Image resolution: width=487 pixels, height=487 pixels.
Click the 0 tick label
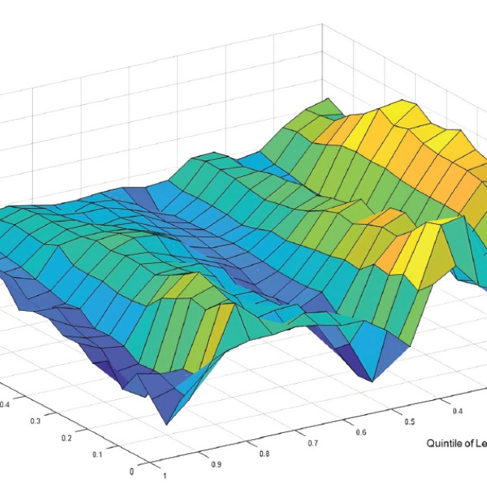click(x=133, y=471)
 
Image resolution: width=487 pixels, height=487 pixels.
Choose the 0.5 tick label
click(x=409, y=422)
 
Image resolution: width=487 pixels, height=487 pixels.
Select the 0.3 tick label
click(x=35, y=422)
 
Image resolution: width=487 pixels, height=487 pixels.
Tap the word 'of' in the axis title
click(x=468, y=444)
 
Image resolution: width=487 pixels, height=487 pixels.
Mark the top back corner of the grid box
click(x=324, y=23)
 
